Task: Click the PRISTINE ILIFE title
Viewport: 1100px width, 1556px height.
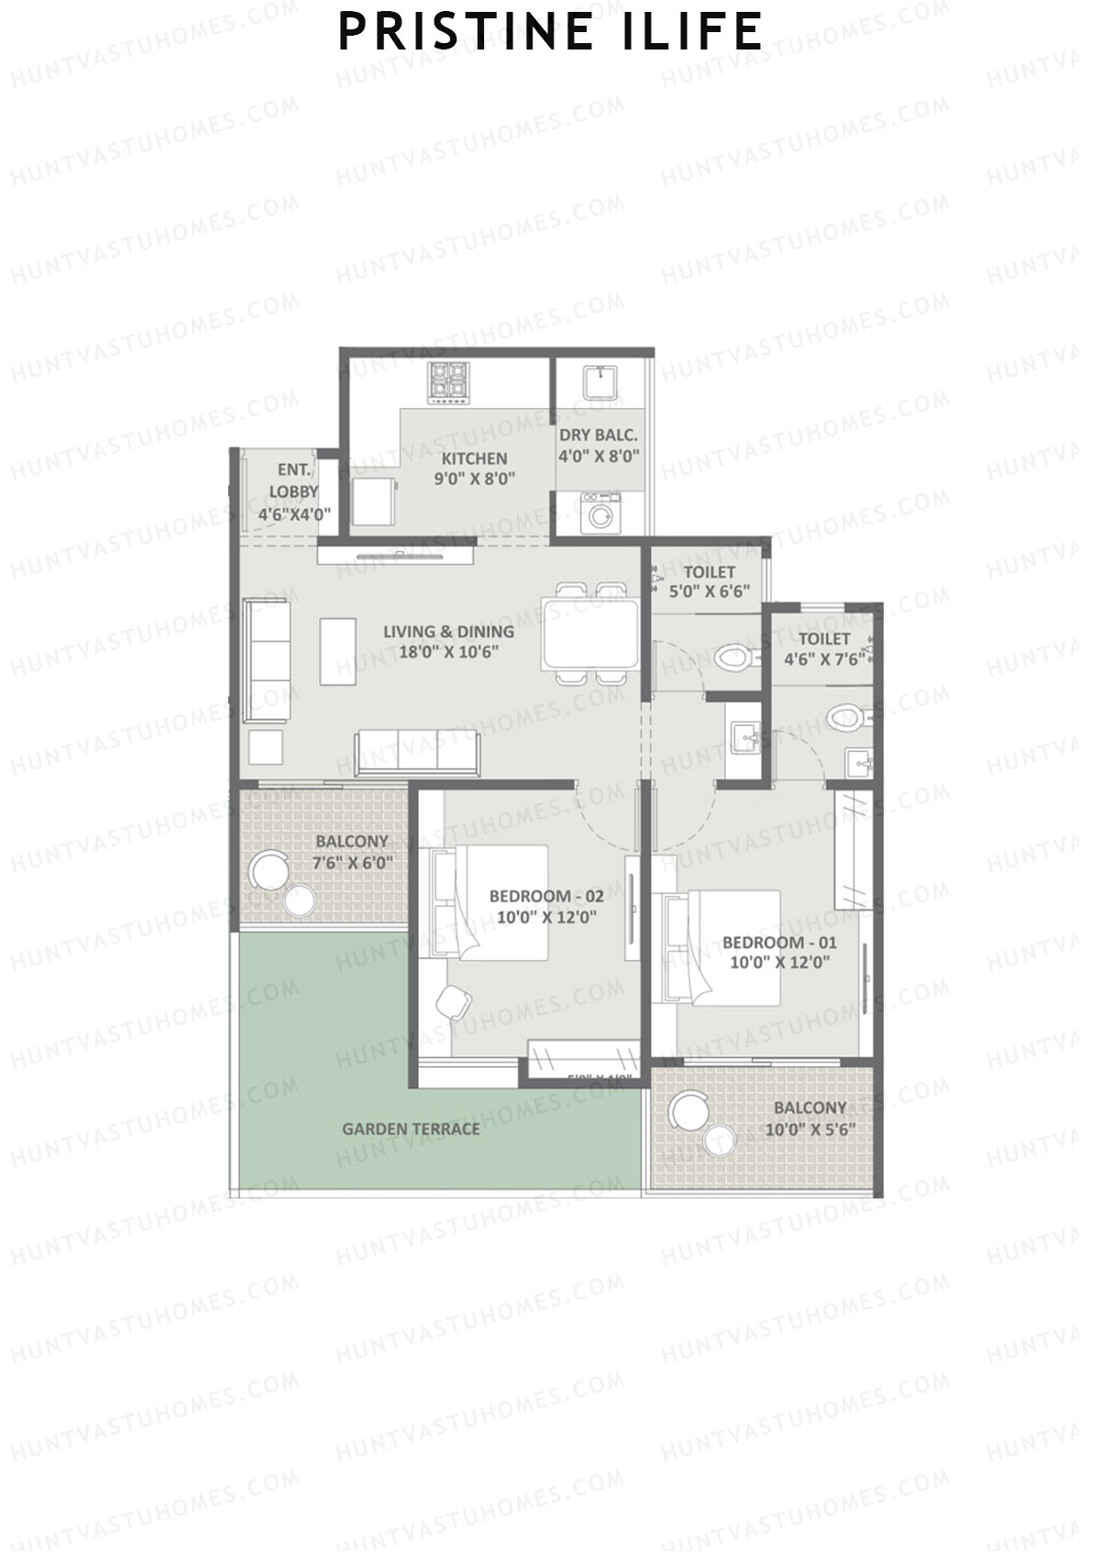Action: pyautogui.click(x=550, y=32)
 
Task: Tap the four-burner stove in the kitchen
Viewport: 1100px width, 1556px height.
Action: pyautogui.click(x=449, y=381)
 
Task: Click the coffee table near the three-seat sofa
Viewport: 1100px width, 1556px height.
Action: pyautogui.click(x=337, y=651)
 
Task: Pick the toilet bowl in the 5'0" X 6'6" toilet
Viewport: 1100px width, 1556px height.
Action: pyautogui.click(x=731, y=657)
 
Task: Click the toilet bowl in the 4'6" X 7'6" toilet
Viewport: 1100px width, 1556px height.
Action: pyautogui.click(x=842, y=717)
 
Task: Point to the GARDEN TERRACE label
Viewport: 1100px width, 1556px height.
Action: pyautogui.click(x=411, y=1129)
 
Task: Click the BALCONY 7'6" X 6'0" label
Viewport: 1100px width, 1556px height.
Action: pyautogui.click(x=352, y=851)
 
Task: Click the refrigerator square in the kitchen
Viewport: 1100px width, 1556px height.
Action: pyautogui.click(x=374, y=501)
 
